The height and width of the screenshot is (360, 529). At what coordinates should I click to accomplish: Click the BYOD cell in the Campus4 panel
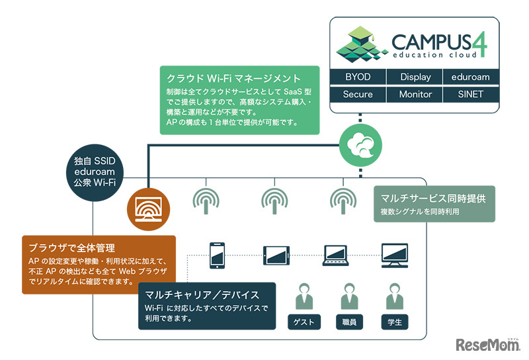358,77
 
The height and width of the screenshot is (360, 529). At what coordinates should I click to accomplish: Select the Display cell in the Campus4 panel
415,77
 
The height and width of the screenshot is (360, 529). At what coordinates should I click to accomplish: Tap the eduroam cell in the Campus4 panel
471,77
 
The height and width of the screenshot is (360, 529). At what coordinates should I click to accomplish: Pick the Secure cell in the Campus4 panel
358,95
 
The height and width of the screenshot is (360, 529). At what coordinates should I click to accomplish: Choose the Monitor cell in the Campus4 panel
415,95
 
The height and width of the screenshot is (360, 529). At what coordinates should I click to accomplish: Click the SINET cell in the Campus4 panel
471,95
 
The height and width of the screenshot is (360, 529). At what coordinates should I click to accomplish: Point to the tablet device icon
277,254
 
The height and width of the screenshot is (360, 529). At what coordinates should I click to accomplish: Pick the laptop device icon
336,254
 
